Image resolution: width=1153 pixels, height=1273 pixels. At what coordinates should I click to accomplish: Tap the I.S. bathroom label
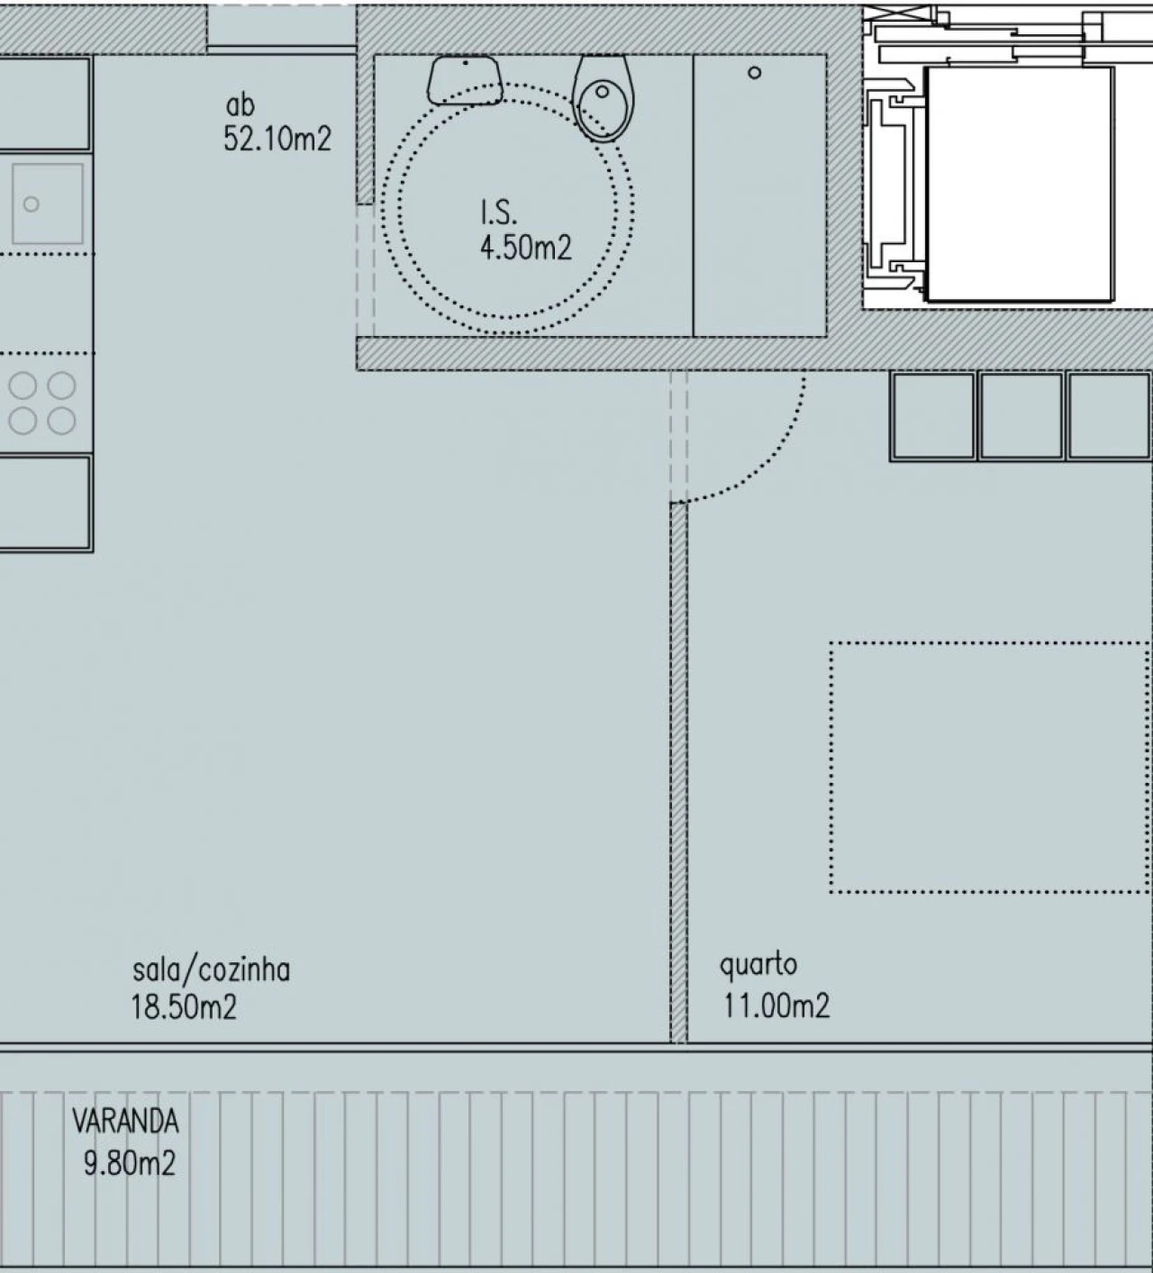(x=498, y=213)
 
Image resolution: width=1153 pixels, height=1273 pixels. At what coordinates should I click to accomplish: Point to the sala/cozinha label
(x=211, y=970)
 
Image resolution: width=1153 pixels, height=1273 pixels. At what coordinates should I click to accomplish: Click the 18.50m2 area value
(x=184, y=1006)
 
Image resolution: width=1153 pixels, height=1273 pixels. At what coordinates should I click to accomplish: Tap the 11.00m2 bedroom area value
(x=776, y=1005)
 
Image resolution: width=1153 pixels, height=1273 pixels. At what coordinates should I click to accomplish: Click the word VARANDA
(x=125, y=1122)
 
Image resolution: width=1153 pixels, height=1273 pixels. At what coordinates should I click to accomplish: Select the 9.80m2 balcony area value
(x=129, y=1163)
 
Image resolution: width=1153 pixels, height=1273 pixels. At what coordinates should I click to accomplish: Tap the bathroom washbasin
(x=465, y=79)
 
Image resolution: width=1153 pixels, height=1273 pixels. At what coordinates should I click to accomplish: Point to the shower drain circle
(x=755, y=73)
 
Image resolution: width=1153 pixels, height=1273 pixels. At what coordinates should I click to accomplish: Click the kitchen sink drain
(x=32, y=205)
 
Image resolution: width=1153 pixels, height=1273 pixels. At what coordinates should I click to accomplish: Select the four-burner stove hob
(x=42, y=403)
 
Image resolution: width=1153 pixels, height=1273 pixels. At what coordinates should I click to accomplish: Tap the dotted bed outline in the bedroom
(x=989, y=767)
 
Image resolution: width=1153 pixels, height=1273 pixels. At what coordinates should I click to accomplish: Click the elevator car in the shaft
(x=1018, y=184)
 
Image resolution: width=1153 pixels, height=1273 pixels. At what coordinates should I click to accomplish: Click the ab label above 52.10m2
(x=241, y=105)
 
